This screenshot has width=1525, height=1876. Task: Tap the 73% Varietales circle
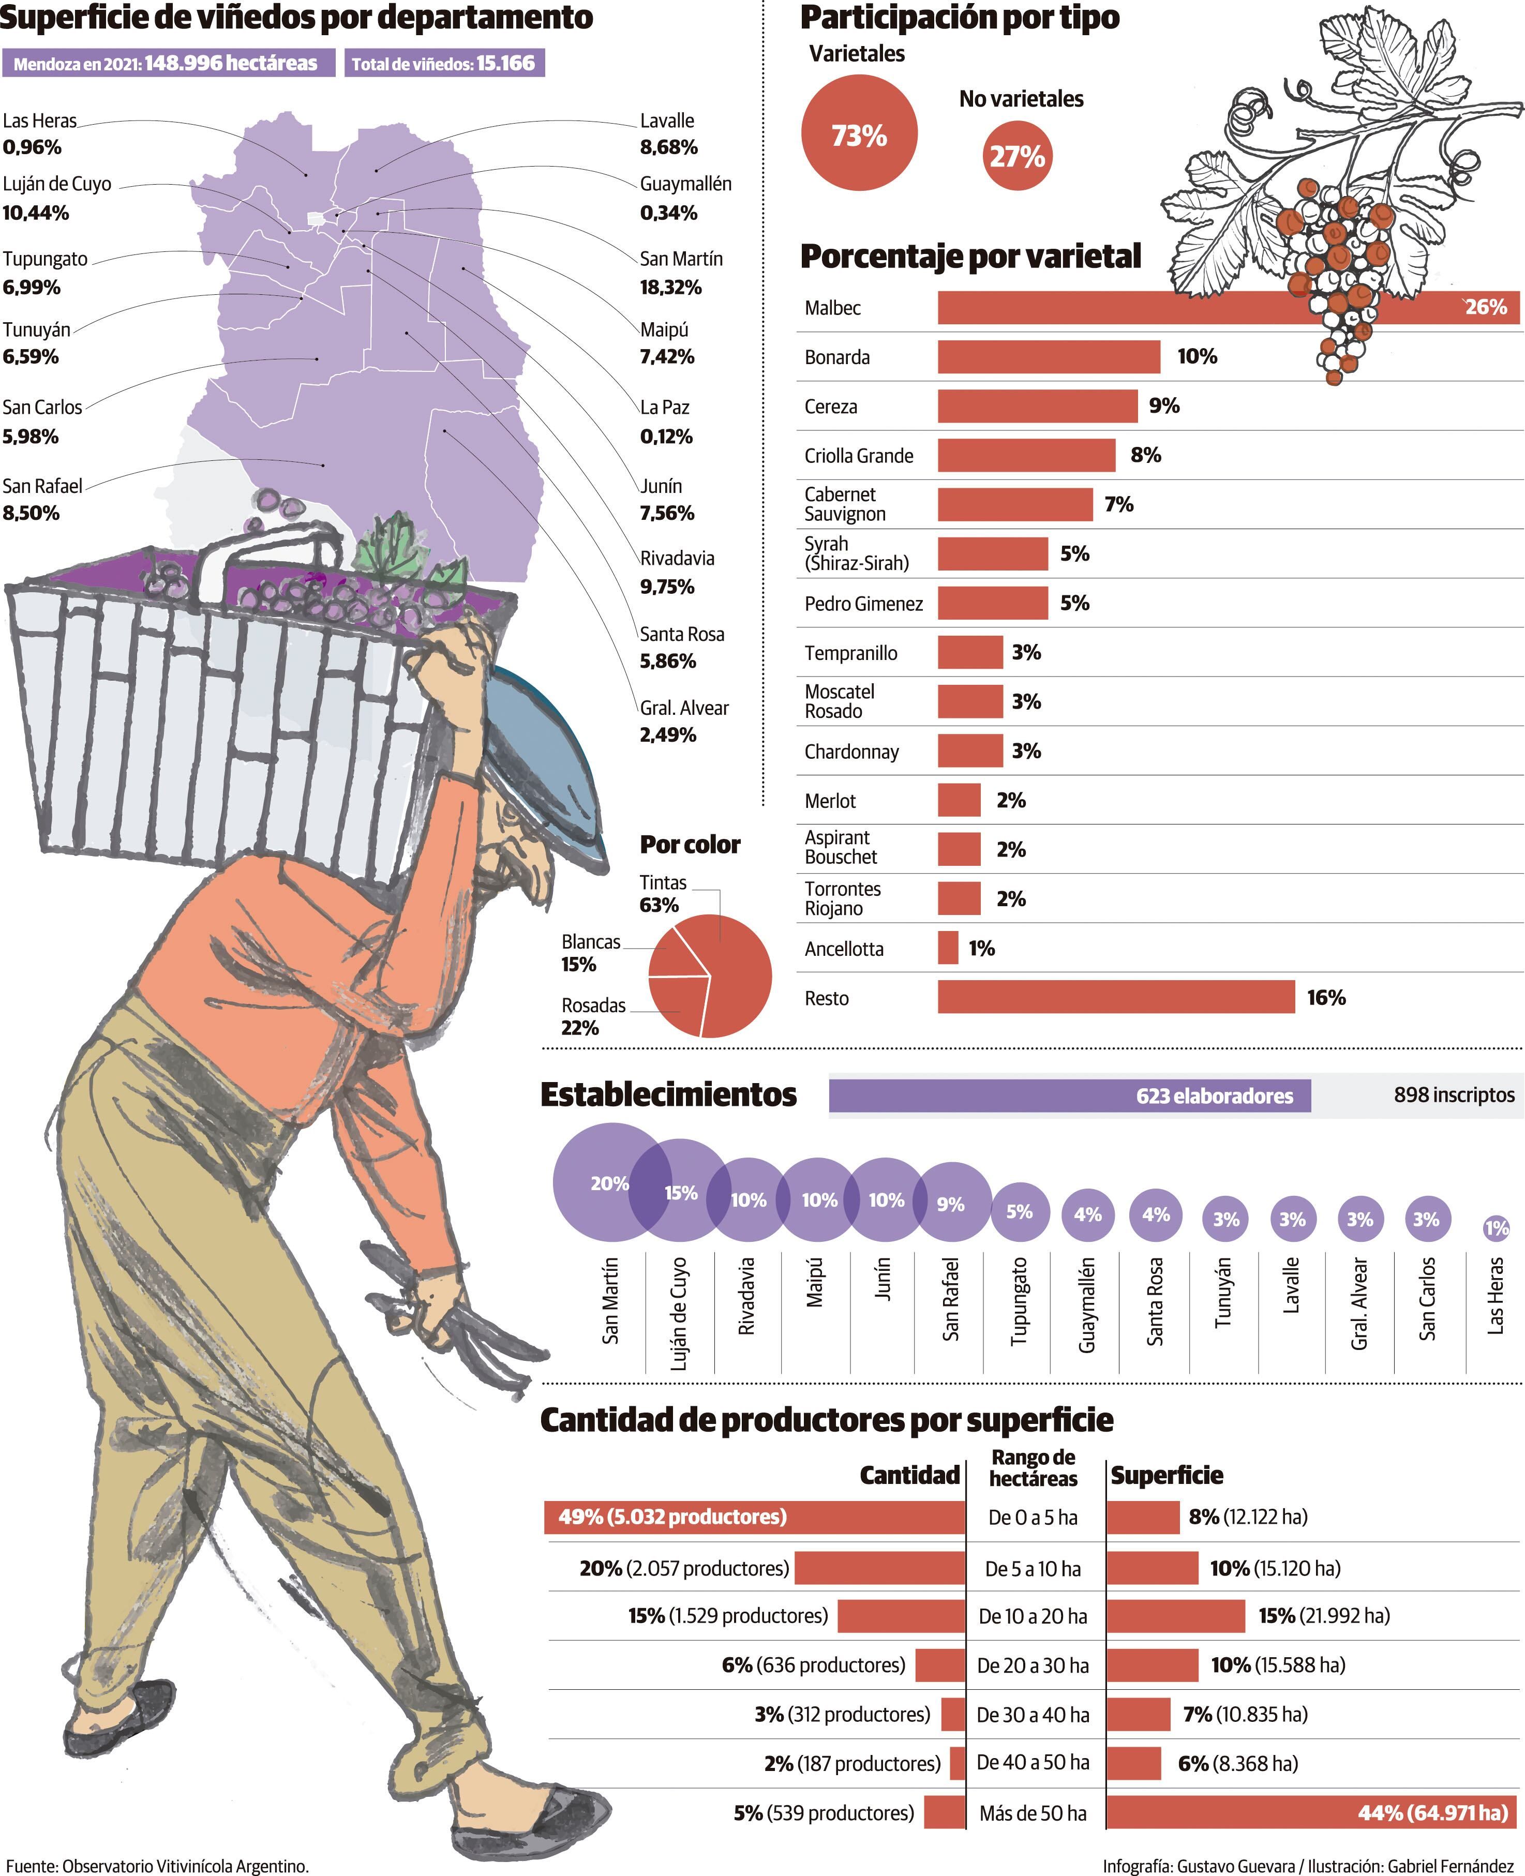pyautogui.click(x=859, y=133)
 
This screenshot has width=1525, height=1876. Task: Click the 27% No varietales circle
pyautogui.click(x=1017, y=156)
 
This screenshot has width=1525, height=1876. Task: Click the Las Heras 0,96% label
pyautogui.click(x=39, y=133)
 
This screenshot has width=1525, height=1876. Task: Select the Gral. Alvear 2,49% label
pyautogui.click(x=683, y=721)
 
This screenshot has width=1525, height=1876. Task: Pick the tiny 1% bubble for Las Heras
pyautogui.click(x=1496, y=1228)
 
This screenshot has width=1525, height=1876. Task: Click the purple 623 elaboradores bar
pyautogui.click(x=1069, y=1095)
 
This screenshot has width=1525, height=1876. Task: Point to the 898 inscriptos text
pyautogui.click(x=1453, y=1095)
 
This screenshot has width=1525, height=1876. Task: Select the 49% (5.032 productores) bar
pyautogui.click(x=754, y=1518)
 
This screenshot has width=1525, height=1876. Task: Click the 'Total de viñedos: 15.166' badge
pyautogui.click(x=444, y=63)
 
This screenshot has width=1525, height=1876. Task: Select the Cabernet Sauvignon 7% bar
pyautogui.click(x=1014, y=504)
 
